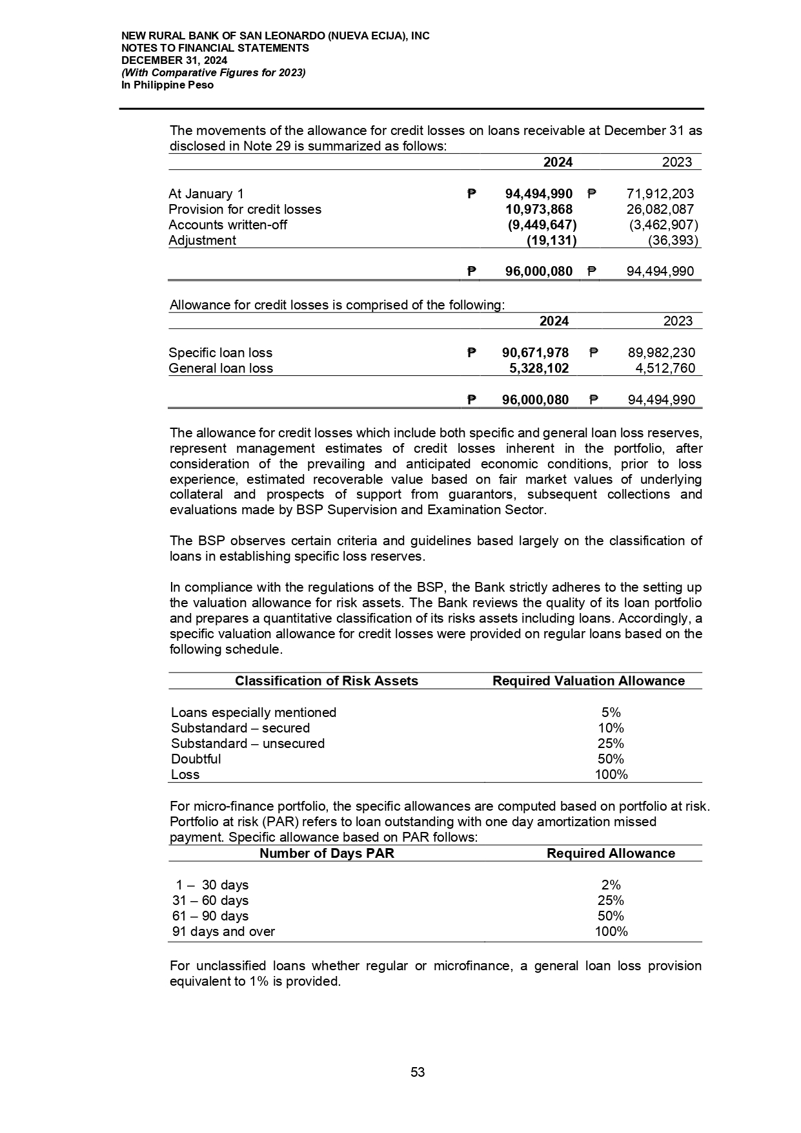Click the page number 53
[418, 1072]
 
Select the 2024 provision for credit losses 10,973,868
[539, 209]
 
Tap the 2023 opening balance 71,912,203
[660, 194]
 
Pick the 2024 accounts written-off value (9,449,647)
[541, 225]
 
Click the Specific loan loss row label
[220, 353]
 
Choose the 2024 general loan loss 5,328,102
[539, 368]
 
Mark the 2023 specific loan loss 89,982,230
[662, 353]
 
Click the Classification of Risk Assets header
[327, 681]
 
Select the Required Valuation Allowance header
[589, 681]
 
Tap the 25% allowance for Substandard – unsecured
[611, 743]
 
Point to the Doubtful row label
[196, 759]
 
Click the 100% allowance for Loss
[611, 774]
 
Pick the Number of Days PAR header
[327, 853]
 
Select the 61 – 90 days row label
[210, 916]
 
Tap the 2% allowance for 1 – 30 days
[611, 885]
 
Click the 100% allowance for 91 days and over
[611, 931]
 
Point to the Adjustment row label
[202, 240]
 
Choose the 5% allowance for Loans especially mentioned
[611, 712]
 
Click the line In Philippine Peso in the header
[168, 85]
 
